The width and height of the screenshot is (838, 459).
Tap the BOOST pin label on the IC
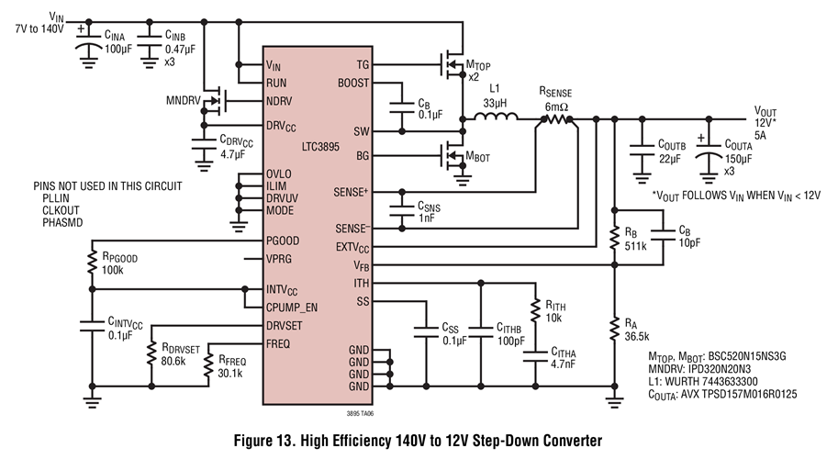pyautogui.click(x=352, y=83)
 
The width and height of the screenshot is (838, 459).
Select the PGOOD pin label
pyautogui.click(x=285, y=241)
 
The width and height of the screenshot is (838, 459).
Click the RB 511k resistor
pyautogui.click(x=613, y=236)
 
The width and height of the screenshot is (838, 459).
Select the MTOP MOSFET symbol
pyautogui.click(x=450, y=64)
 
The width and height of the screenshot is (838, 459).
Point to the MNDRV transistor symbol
pyautogui.click(x=218, y=101)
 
